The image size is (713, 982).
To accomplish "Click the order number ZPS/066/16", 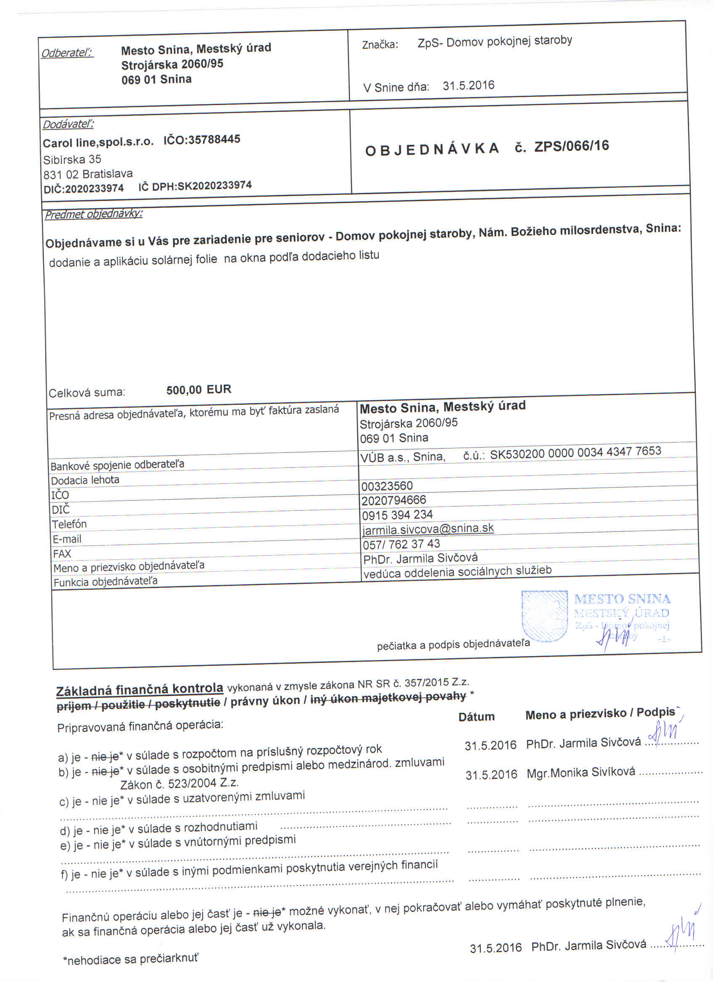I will pyautogui.click(x=571, y=146).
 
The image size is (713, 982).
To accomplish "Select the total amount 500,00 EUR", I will pyautogui.click(x=199, y=390).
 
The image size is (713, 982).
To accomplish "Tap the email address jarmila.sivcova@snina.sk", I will pyautogui.click(x=428, y=529).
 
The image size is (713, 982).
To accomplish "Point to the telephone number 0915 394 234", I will pyautogui.click(x=397, y=515).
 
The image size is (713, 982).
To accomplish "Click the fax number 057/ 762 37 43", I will pyautogui.click(x=401, y=544).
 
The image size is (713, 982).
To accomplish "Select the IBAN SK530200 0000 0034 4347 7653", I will pyautogui.click(x=576, y=451).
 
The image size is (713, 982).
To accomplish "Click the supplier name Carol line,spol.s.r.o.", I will pyautogui.click(x=98, y=142).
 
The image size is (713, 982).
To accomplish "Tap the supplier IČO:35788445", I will pyautogui.click(x=202, y=140).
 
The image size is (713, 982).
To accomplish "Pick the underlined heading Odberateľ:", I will pyautogui.click(x=67, y=53).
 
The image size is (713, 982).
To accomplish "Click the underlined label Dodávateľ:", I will pyautogui.click(x=69, y=125).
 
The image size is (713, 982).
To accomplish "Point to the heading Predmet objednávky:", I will pyautogui.click(x=93, y=214).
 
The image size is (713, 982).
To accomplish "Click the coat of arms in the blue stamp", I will pyautogui.click(x=544, y=616).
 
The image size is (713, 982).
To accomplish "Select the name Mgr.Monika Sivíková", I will pyautogui.click(x=581, y=771).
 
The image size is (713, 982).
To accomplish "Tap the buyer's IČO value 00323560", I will pyautogui.click(x=387, y=486).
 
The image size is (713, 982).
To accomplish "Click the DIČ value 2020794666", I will pyautogui.click(x=394, y=500).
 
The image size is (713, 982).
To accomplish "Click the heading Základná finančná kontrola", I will pyautogui.click(x=140, y=689).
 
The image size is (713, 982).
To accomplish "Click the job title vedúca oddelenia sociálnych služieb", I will pyautogui.click(x=457, y=572).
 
